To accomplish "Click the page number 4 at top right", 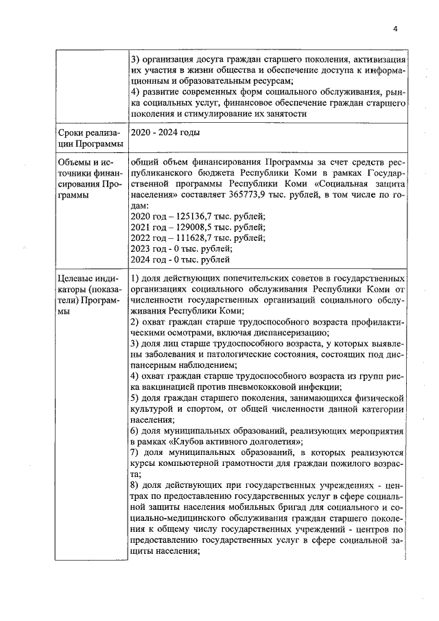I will click(396, 28).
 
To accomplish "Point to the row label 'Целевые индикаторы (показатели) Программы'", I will click(90, 294).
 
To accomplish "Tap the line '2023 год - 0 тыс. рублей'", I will click(180, 248).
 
